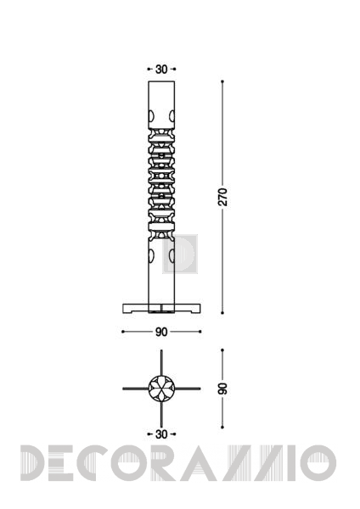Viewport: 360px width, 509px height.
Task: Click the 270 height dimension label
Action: [x=223, y=197]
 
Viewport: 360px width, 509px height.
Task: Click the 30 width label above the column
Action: [x=161, y=70]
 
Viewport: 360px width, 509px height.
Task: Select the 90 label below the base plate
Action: [x=161, y=332]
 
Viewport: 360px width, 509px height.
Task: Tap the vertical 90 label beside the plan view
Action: [x=222, y=389]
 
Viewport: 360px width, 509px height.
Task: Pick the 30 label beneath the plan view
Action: [x=161, y=434]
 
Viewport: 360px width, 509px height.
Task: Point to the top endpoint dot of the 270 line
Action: [x=222, y=81]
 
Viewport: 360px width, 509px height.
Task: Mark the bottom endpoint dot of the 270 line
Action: [x=222, y=313]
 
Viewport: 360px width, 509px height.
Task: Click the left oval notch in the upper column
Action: [x=151, y=116]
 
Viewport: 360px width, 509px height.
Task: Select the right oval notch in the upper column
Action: [x=172, y=116]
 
